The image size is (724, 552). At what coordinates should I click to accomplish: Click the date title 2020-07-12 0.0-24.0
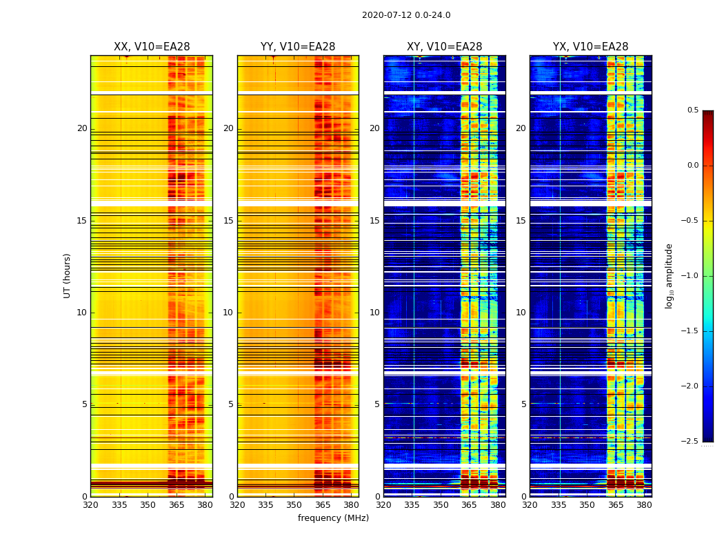coord(406,15)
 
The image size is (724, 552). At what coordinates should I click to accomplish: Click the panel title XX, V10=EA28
coord(152,47)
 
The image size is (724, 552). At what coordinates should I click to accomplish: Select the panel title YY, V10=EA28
coord(298,47)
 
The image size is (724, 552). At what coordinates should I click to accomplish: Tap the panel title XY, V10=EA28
coord(444,47)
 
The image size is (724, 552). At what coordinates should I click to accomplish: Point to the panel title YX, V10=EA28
coord(590,47)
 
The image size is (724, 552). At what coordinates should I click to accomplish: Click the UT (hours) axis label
coord(68,275)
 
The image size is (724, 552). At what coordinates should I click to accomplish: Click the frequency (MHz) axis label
coord(333,518)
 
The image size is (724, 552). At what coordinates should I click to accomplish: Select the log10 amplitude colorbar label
coord(669,275)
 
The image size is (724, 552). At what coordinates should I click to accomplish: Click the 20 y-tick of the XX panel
coord(82,128)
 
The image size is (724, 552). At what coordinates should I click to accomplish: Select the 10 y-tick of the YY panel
coord(228,313)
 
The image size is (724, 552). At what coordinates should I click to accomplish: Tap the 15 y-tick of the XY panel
coord(374,221)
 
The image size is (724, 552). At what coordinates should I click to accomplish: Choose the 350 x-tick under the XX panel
coord(148,504)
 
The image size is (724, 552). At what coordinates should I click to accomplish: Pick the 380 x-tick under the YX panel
coord(644,504)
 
